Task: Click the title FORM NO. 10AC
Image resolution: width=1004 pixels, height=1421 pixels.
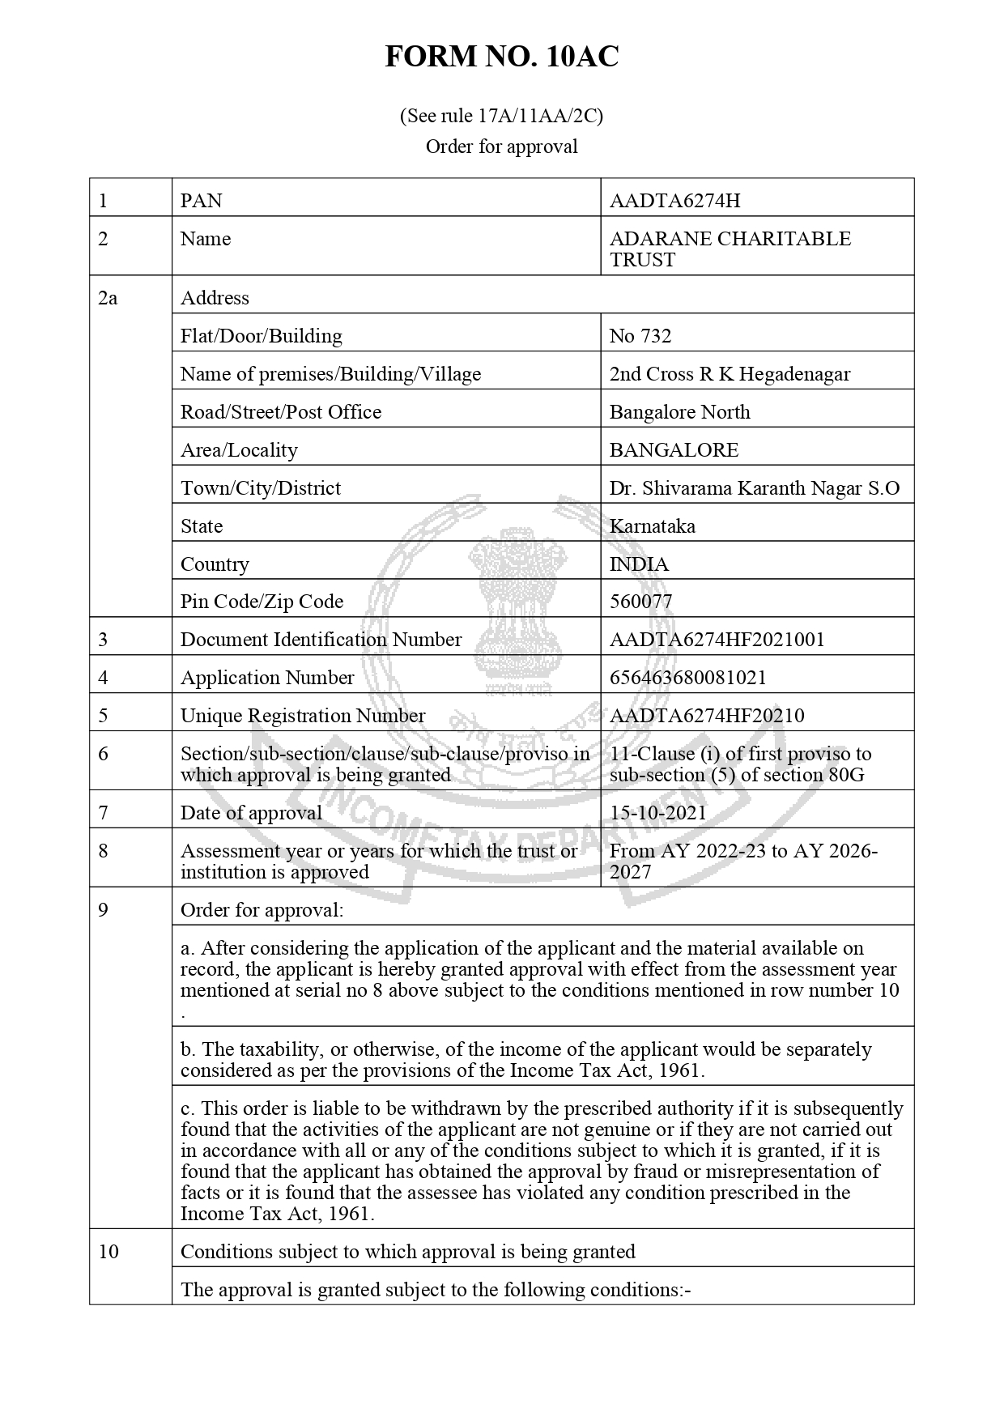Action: coord(501,57)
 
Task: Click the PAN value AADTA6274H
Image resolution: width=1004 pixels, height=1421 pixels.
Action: coord(674,201)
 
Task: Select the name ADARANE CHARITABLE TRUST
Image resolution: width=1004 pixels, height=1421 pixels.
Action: coord(730,249)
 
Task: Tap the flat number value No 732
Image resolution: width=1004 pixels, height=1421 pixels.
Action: coord(640,336)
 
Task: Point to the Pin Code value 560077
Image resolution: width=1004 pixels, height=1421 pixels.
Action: coord(640,602)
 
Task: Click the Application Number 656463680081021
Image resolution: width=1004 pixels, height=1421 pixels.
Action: coord(687,678)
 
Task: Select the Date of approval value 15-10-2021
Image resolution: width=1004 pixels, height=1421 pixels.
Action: coord(657,813)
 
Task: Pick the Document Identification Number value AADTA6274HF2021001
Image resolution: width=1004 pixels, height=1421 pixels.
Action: coord(717,640)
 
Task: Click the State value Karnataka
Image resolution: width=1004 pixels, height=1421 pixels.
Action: coord(652,526)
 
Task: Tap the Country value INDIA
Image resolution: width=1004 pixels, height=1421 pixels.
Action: coord(639,564)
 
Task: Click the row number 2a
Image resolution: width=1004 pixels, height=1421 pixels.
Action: coord(108,298)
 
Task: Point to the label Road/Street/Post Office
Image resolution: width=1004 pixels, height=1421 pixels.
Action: coord(280,412)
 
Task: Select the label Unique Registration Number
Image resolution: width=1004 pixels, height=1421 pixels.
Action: coord(302,716)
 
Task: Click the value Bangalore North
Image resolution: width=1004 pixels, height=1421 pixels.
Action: coord(679,412)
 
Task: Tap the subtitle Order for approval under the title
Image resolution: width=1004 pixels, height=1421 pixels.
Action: coord(501,147)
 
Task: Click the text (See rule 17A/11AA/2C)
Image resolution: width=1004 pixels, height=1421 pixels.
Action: coord(501,116)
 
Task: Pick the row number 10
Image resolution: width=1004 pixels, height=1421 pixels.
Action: coord(108,1252)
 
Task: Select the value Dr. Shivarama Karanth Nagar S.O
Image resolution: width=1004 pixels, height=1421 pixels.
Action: coord(754,488)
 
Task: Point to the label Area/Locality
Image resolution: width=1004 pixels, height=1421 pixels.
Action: coord(239,450)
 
